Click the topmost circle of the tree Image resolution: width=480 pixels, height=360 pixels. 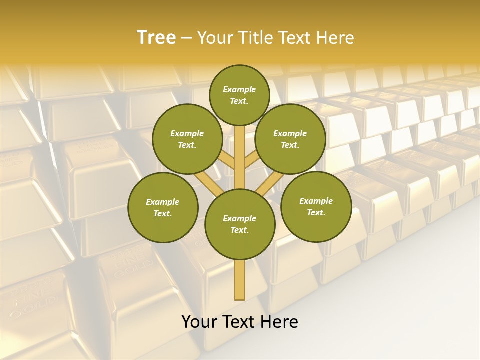tap(239, 95)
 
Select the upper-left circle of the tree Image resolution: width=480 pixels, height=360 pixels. tap(187, 139)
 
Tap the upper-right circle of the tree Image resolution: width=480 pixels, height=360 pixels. tap(290, 139)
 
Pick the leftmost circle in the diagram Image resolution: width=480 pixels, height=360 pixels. tap(163, 207)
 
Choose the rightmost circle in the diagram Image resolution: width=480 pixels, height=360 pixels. tap(316, 206)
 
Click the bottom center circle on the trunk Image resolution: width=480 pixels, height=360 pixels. tap(240, 224)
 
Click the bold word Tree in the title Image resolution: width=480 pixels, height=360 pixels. tap(156, 37)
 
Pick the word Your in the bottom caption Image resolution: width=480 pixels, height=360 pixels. tap(199, 322)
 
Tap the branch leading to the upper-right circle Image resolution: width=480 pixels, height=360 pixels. tap(251, 160)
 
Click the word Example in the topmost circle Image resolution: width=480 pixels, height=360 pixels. tap(239, 89)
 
